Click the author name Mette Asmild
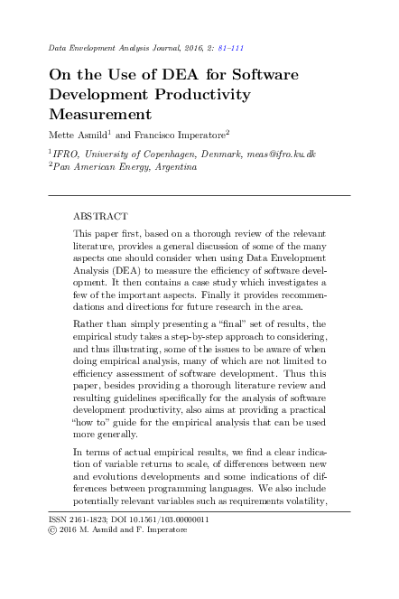click(79, 135)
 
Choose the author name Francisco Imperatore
click(181, 135)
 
